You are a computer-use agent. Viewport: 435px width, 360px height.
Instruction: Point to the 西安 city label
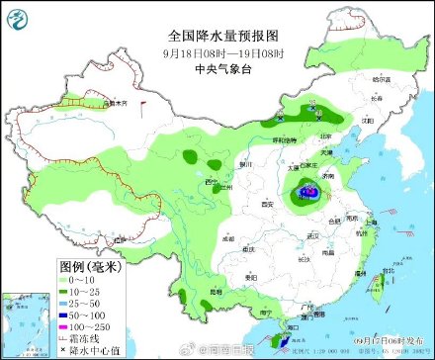coord(265,203)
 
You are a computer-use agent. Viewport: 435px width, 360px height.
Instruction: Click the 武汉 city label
coord(315,235)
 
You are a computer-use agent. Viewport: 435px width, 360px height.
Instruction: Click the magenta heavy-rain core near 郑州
coord(310,191)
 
